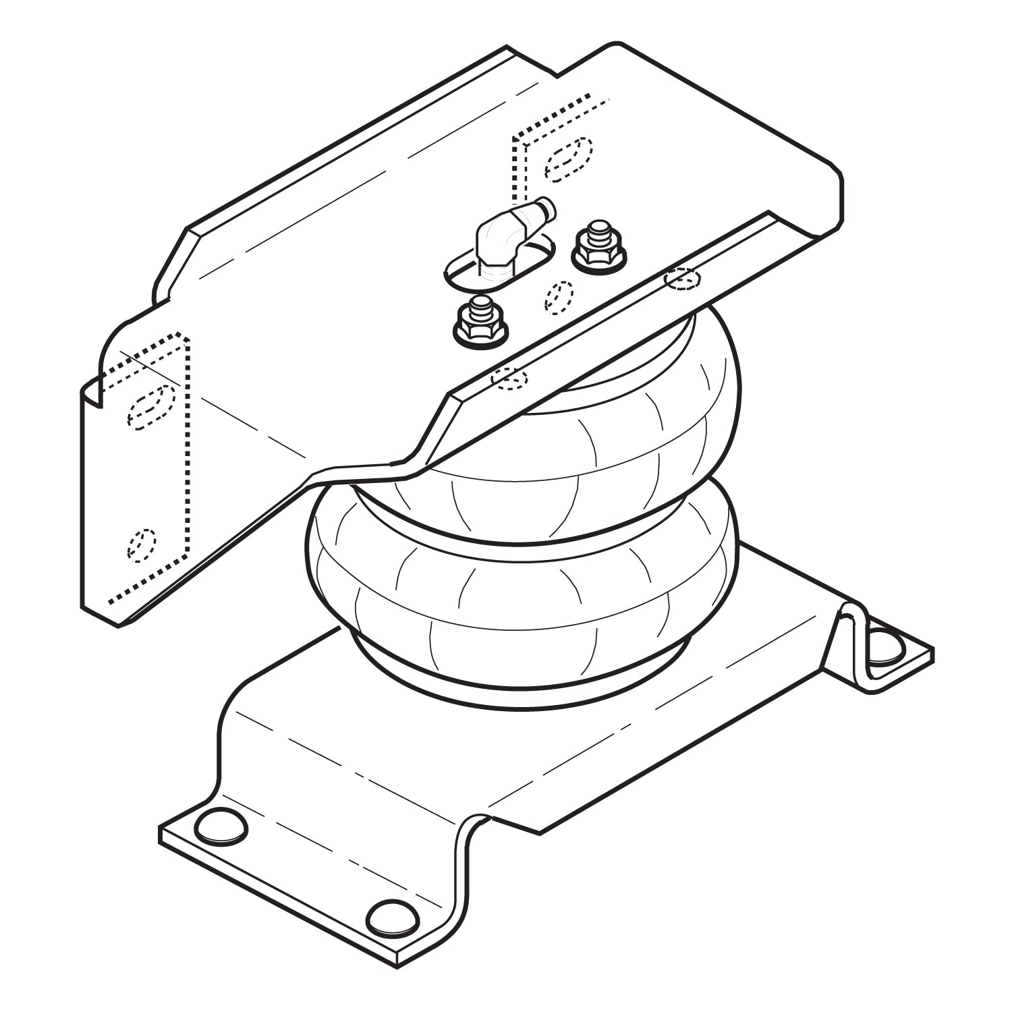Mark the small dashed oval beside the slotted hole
[x=559, y=297]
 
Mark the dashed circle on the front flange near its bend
[x=509, y=379]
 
